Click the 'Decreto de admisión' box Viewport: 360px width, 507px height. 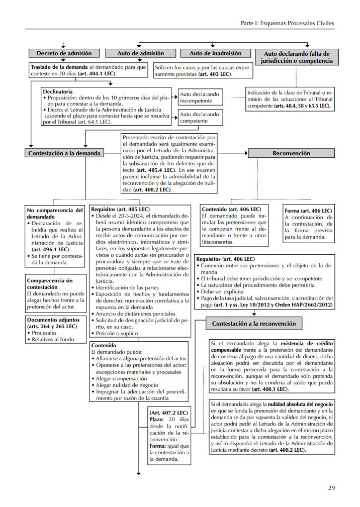pos(63,53)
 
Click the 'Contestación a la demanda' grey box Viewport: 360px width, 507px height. pos(64,153)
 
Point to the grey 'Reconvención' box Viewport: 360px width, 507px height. pos(291,153)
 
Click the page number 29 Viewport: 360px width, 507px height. pos(331,487)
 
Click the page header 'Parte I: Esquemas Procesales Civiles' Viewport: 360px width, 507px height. pos(287,23)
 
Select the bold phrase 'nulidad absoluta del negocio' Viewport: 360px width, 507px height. pos(299,404)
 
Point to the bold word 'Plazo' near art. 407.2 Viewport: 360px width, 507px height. pos(157,418)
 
